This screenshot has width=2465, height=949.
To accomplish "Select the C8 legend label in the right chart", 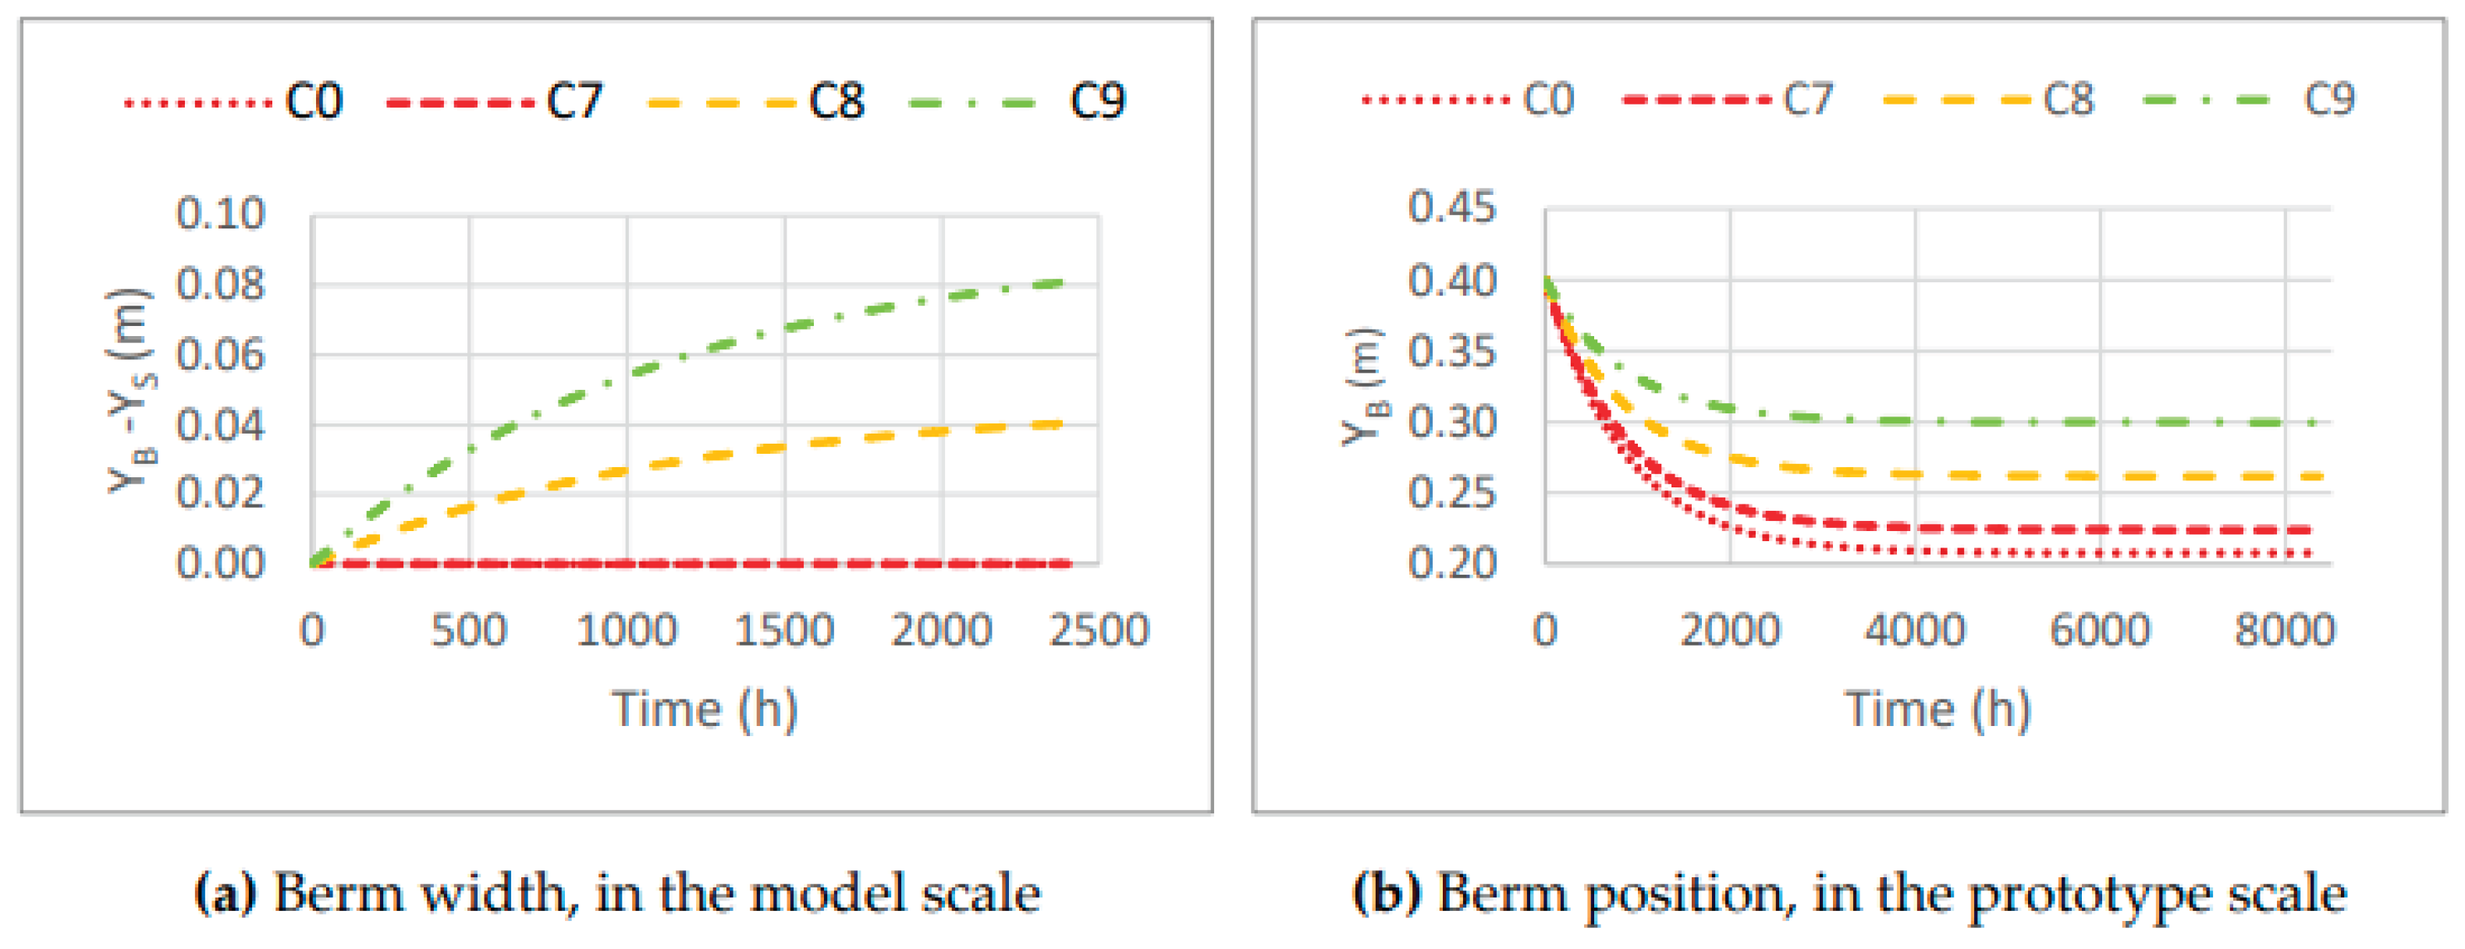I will [2068, 100].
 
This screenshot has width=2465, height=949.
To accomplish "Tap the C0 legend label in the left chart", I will [314, 101].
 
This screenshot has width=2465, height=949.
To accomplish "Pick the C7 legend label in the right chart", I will [1808, 100].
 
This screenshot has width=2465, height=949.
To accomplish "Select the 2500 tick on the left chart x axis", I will [1099, 629].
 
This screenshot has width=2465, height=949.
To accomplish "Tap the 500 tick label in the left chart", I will [469, 629].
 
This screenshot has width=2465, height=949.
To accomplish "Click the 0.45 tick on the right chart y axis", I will [1451, 207].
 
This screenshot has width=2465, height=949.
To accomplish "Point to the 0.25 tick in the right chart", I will [1451, 493].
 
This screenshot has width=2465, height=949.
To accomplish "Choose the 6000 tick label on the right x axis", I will [2100, 629].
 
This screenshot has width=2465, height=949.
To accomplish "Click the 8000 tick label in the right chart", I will [2284, 629].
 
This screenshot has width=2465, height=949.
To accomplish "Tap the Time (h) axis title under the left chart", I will [705, 709].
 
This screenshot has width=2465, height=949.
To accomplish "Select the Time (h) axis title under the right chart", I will [1938, 709].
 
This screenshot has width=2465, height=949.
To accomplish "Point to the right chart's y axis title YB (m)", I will [1362, 387].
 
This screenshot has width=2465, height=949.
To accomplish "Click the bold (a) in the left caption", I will [225, 894].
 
